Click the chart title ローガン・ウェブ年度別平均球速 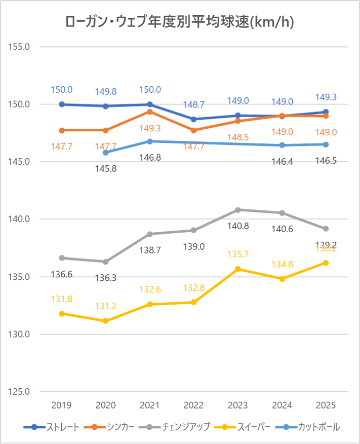180,22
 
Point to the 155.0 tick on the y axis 20,47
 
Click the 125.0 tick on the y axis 20,392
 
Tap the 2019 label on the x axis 62,405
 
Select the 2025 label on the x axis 326,405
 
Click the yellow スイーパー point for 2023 237,269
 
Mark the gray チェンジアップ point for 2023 237,210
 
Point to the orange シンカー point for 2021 150,112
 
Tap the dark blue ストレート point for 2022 193,119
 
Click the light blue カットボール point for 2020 106,153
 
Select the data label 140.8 238,226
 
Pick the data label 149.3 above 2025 326,97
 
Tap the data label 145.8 105,168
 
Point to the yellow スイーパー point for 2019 62,314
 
